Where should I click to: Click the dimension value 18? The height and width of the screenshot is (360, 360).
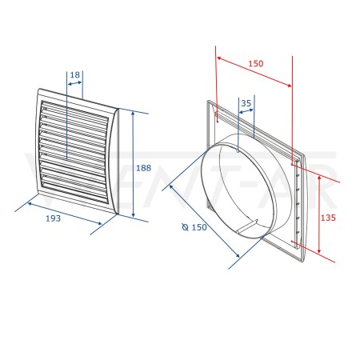coord(75,75)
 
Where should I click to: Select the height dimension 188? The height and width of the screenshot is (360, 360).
coord(143,168)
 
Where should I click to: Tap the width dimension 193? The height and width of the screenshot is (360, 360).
coord(54,218)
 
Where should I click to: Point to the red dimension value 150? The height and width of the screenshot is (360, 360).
coord(256,63)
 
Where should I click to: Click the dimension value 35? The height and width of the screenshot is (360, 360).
coord(246,103)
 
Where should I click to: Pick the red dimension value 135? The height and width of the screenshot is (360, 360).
coord(328,218)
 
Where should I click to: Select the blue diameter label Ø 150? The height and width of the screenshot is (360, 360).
coord(194,227)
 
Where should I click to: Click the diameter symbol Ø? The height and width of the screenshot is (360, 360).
coord(186,227)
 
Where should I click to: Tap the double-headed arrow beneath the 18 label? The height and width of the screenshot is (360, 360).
coord(74,83)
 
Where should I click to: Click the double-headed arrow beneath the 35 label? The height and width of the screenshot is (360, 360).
coord(246,111)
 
